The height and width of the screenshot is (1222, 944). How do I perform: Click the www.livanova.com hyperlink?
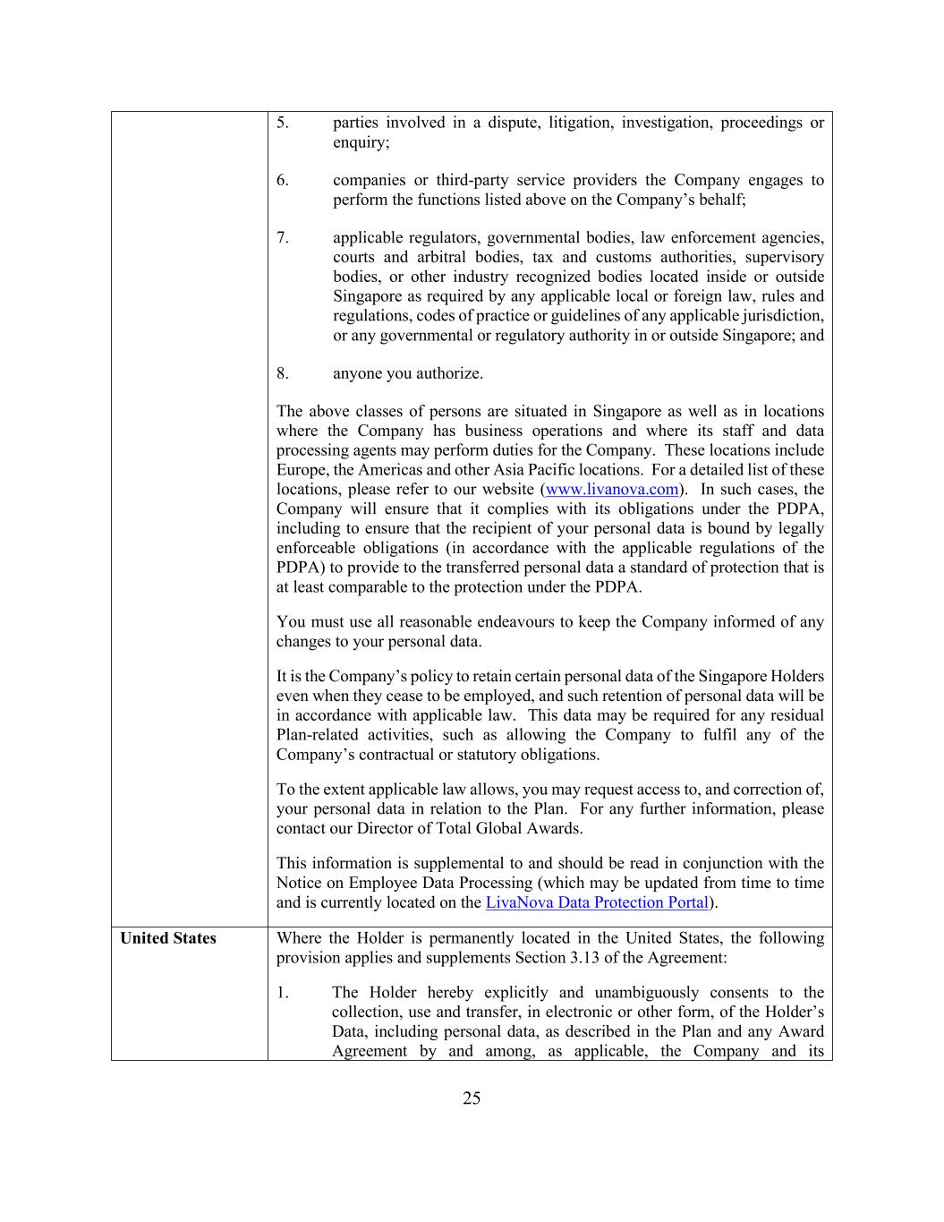(612, 490)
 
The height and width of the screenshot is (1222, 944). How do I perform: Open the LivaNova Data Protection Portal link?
(597, 902)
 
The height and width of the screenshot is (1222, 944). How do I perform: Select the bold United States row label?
(168, 938)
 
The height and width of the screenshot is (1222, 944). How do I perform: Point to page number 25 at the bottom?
(472, 1098)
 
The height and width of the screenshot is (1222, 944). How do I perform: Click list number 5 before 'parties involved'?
(282, 123)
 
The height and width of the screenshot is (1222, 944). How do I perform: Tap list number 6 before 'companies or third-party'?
(282, 180)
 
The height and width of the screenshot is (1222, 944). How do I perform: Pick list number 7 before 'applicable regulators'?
(282, 237)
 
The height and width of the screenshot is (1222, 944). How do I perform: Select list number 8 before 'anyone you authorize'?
(282, 373)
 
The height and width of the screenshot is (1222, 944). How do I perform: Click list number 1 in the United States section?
(282, 992)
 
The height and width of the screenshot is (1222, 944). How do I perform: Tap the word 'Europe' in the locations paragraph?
(300, 470)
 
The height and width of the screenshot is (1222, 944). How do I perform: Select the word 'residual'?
(795, 715)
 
